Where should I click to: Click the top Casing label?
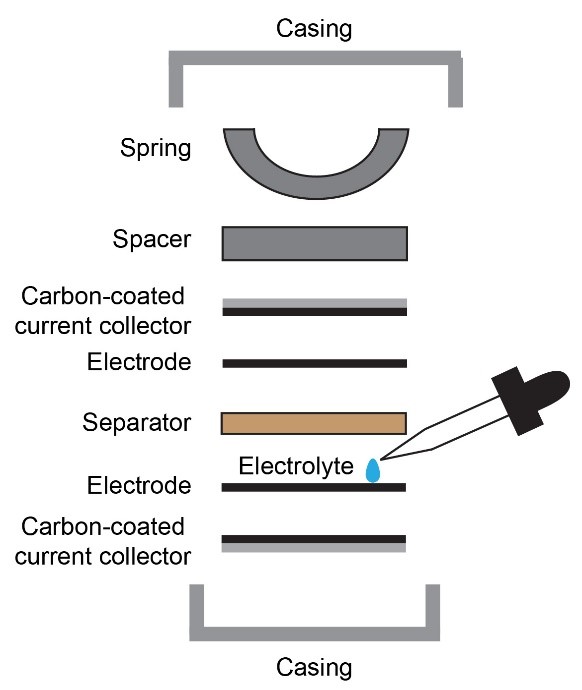pos(314,29)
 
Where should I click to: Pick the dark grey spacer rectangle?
pos(314,243)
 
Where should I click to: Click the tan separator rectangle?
pos(314,423)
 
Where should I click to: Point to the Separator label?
pos(137,423)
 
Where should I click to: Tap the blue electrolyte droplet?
pos(373,470)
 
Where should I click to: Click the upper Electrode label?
pos(139,362)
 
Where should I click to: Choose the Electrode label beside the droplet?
pos(139,486)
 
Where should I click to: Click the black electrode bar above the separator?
pos(314,363)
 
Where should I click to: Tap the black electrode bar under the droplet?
pos(314,488)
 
